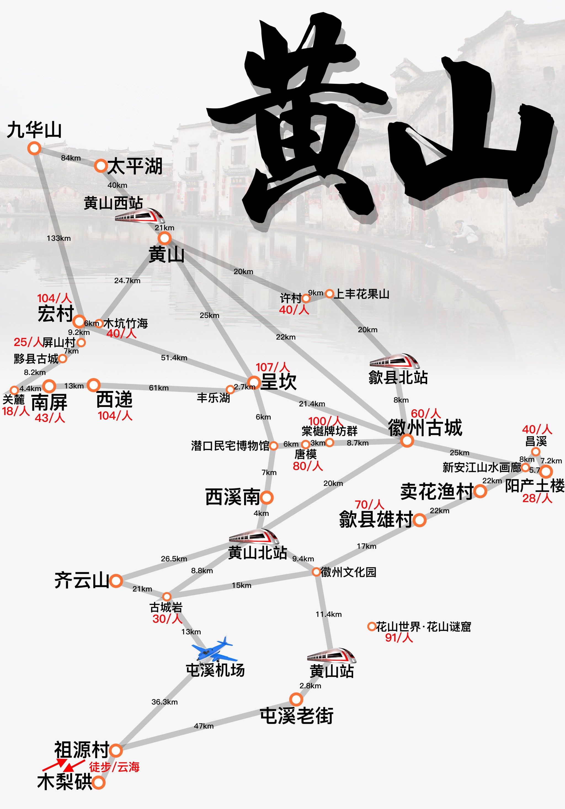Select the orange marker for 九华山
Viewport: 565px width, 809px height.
click(34, 148)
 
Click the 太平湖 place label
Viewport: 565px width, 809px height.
click(134, 166)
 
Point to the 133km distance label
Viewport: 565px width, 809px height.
click(58, 238)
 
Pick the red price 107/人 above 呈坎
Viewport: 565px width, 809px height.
click(272, 367)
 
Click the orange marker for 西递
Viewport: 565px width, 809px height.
click(94, 385)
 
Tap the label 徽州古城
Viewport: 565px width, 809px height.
click(425, 428)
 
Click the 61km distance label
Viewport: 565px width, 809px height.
click(159, 388)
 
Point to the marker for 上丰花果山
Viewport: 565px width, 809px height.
click(329, 293)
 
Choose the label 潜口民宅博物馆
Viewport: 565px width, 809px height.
click(230, 446)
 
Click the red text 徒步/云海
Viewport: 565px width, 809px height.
click(114, 767)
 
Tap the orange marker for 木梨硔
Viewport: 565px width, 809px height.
click(98, 783)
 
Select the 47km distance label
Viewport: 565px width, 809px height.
click(204, 726)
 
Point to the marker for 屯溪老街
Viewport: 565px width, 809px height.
click(296, 699)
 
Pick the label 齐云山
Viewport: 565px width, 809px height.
click(81, 580)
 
